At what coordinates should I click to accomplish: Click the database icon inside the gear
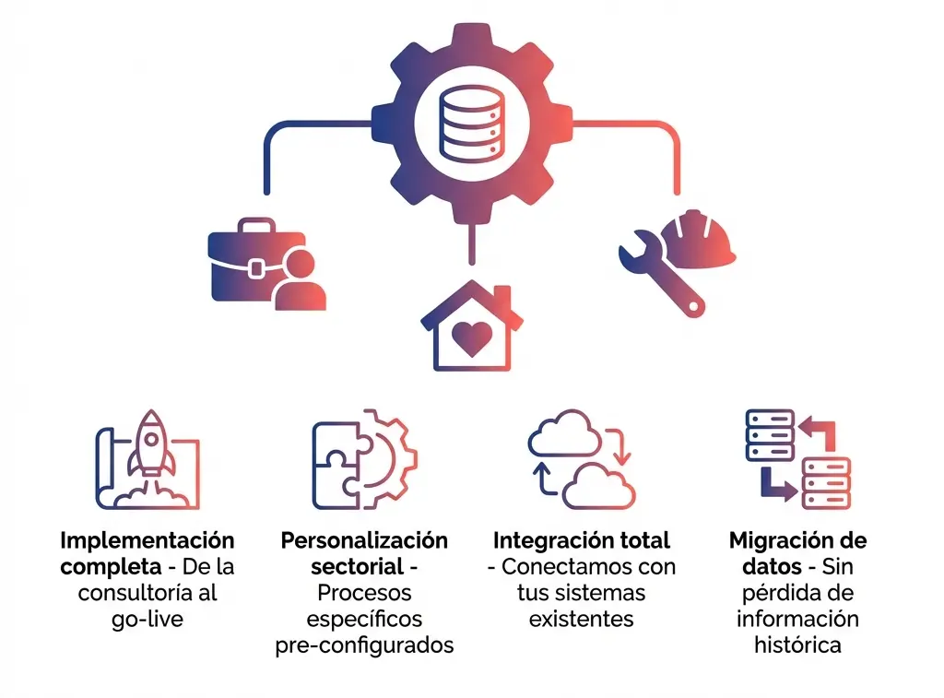click(471, 124)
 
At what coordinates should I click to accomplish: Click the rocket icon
click(148, 446)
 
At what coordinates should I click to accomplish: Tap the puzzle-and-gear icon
click(364, 458)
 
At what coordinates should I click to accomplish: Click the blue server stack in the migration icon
click(770, 436)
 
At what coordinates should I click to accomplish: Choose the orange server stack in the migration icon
click(826, 482)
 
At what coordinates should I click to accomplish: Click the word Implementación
click(147, 540)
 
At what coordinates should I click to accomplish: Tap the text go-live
click(147, 619)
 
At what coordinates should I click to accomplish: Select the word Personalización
click(364, 540)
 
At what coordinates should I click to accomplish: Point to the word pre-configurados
click(364, 645)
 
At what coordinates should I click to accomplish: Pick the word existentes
click(582, 619)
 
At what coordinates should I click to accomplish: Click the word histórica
click(797, 645)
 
